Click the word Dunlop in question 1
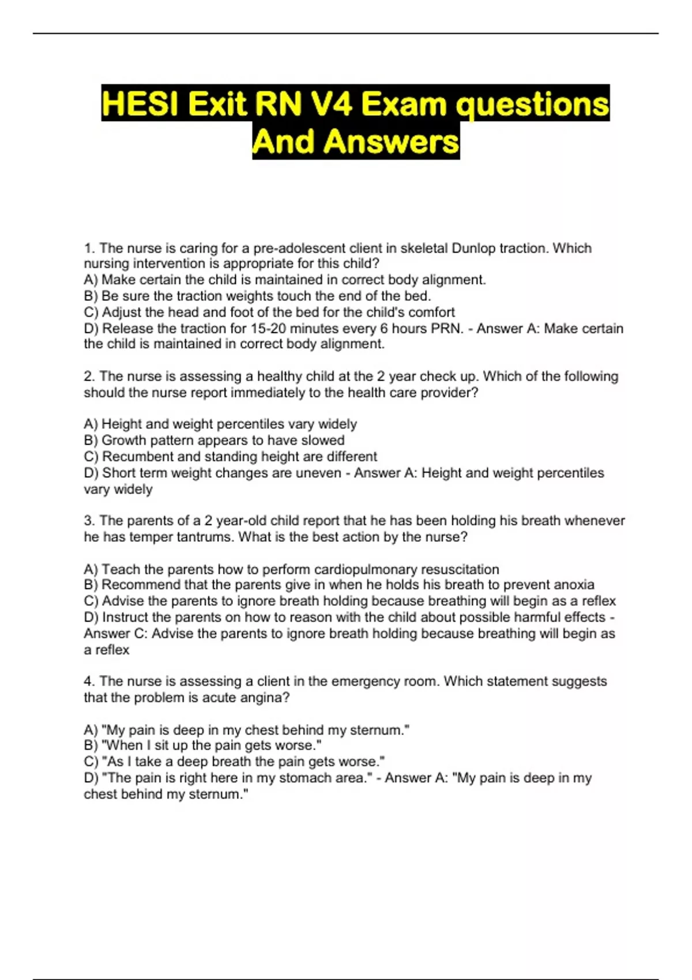473,248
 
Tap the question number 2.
89,376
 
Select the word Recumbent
137,457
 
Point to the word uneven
319,473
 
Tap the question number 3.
89,521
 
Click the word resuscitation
460,570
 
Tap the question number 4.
89,681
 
